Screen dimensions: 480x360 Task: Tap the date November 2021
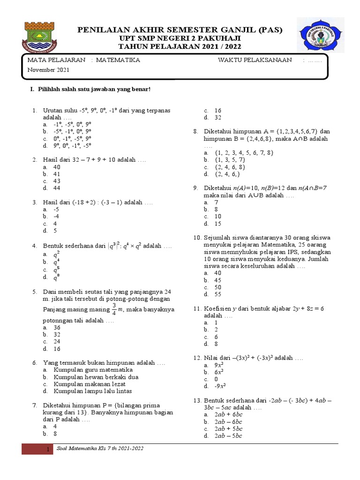tap(48, 70)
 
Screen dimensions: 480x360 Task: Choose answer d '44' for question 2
tap(57, 188)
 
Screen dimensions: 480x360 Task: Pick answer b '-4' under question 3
tap(56, 217)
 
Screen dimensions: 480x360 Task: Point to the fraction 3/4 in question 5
tap(113, 309)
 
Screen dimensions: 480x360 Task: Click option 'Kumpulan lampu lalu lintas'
tap(93, 391)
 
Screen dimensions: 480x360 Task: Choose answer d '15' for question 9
tap(217, 224)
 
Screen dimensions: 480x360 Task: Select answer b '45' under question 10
tap(217, 280)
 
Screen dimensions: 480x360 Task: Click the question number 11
tap(197, 308)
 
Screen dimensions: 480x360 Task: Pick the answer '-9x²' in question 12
tap(220, 386)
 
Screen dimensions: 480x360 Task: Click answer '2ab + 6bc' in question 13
tap(228, 415)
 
